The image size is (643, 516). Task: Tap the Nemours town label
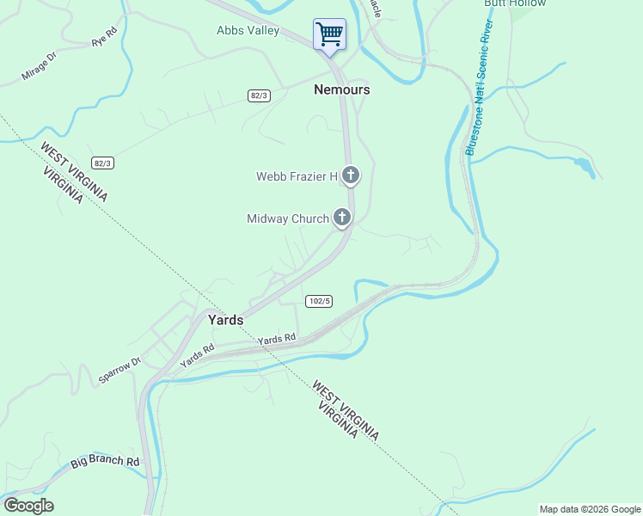click(x=342, y=89)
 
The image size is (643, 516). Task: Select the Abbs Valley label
click(x=248, y=31)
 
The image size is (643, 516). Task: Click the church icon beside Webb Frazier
click(x=350, y=175)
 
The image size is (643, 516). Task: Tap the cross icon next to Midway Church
click(x=342, y=218)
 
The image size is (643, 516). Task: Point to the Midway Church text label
click(x=288, y=218)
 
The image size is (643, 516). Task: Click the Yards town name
click(x=225, y=320)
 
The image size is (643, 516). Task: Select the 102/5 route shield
click(x=318, y=301)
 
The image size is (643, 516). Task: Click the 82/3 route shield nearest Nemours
click(x=259, y=95)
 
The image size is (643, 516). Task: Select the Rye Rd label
click(x=104, y=40)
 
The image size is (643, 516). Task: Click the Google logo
click(x=28, y=506)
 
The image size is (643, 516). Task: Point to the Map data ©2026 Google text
click(x=591, y=509)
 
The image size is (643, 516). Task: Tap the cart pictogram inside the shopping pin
click(x=329, y=34)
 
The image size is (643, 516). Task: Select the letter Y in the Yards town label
click(x=212, y=320)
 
